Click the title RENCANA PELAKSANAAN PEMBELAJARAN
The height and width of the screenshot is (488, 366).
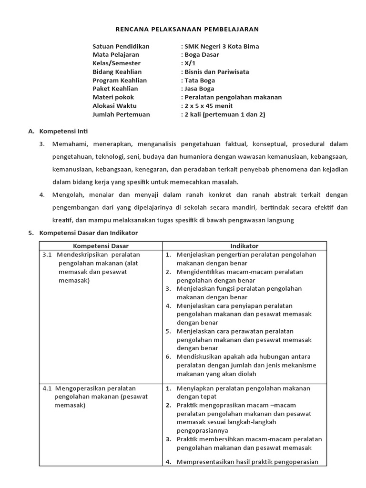[187, 30]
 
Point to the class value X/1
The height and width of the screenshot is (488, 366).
[190, 63]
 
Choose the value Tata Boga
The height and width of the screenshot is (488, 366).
[200, 81]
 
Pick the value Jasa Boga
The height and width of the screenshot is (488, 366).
[199, 89]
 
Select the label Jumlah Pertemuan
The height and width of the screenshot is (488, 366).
[121, 114]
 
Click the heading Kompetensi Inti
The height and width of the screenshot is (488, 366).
[63, 131]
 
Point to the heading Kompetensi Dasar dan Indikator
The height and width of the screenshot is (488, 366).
[88, 233]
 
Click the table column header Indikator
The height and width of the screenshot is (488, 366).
[244, 246]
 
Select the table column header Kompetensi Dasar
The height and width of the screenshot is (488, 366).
[100, 246]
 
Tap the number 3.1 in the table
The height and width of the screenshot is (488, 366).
[47, 254]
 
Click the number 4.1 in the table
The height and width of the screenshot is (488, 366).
[47, 388]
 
